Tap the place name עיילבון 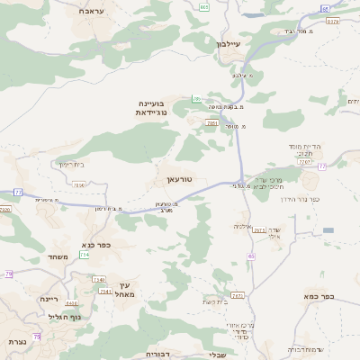click(231, 43)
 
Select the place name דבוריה click(158, 355)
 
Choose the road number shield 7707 click(304, 163)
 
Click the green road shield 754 click(84, 255)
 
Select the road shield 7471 click(238, 295)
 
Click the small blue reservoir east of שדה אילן click(328, 230)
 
